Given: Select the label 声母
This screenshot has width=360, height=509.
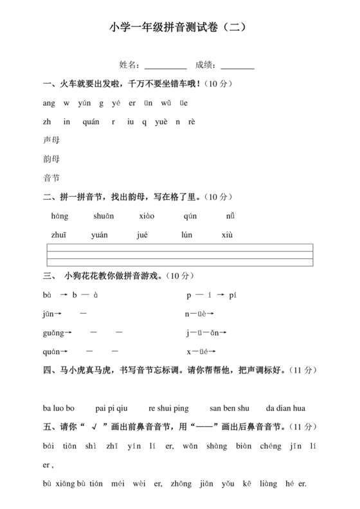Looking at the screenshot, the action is [x=51, y=140].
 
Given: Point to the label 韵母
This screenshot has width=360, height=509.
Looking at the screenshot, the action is [x=51, y=159].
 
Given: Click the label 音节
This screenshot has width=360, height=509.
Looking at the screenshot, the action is [x=51, y=178].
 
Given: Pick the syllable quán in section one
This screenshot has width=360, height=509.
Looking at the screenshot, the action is [x=91, y=121].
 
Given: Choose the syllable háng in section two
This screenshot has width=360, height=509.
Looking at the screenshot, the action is [x=59, y=217].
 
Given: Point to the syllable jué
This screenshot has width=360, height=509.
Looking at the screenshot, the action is [x=143, y=235].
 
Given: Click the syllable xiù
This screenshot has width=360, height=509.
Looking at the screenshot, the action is [x=227, y=235].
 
